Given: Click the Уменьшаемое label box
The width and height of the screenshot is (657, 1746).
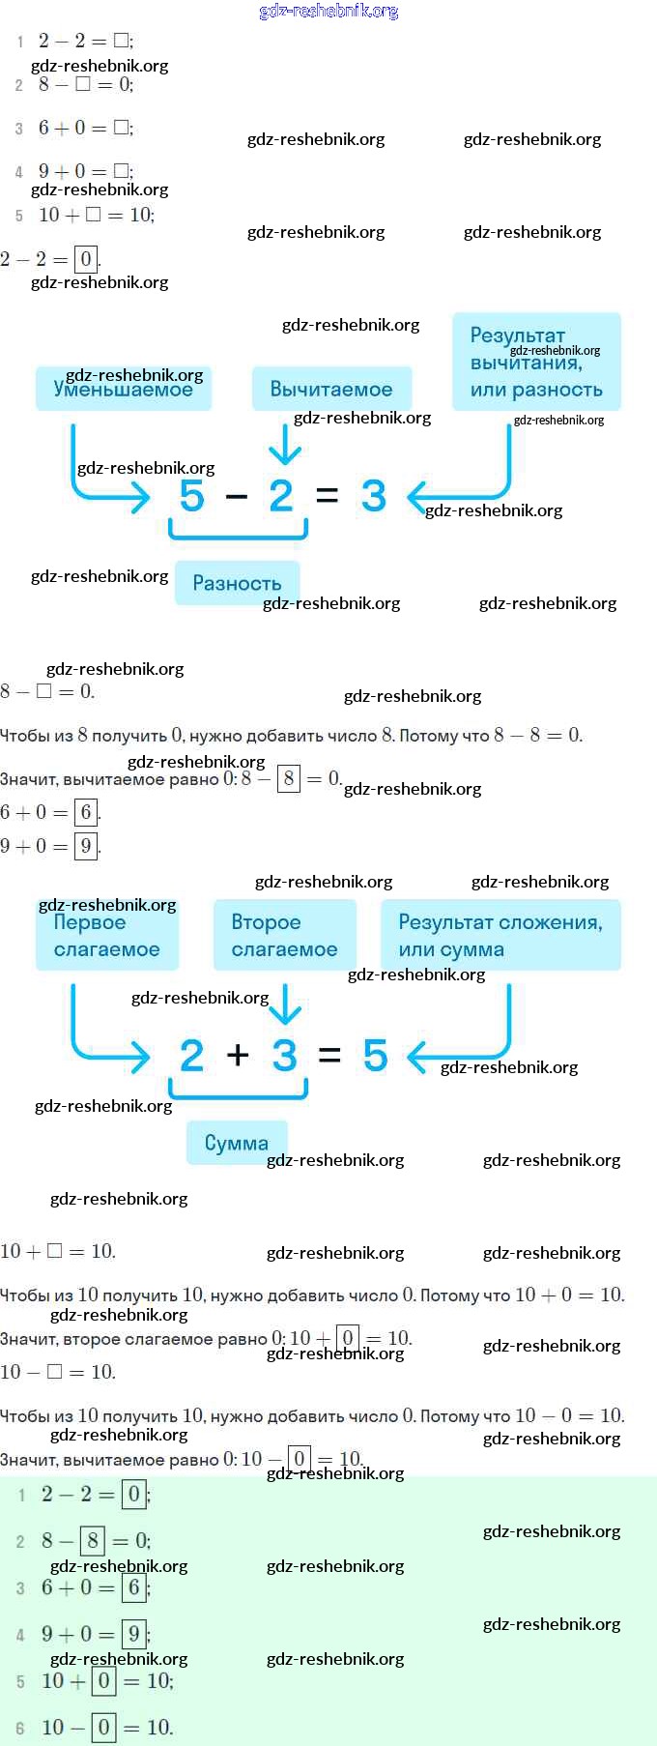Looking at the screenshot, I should click(123, 389).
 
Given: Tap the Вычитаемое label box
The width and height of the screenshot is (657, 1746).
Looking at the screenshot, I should click(331, 389).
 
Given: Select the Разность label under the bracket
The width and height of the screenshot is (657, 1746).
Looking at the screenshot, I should click(237, 583).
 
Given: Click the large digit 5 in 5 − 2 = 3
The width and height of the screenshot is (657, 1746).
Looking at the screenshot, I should click(191, 496).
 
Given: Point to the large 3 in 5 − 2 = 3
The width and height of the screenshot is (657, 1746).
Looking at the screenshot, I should click(373, 496).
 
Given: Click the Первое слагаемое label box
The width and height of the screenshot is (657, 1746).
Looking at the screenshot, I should click(106, 935).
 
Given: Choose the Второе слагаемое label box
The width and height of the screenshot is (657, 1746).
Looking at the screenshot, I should click(284, 935).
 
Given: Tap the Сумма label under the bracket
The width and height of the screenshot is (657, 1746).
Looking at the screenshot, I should click(237, 1143).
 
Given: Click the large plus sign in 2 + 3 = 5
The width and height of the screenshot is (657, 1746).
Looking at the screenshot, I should click(238, 1055).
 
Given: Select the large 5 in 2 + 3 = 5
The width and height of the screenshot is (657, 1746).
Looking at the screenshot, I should click(375, 1055).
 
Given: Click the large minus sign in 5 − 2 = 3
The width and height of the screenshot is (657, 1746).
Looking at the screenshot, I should click(237, 497).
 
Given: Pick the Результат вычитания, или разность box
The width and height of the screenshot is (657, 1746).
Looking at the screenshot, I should click(536, 363).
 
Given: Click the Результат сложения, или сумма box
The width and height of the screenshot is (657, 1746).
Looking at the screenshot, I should click(500, 935).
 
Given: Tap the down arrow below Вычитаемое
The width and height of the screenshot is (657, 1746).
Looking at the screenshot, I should click(284, 446).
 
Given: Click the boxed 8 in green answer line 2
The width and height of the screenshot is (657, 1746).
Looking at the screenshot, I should click(93, 1540).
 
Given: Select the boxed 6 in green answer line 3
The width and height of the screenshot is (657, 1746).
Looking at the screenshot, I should click(134, 1586).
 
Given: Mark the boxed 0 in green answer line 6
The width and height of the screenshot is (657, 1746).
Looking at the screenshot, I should click(103, 1727).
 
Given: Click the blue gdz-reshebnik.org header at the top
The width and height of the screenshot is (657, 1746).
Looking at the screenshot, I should click(328, 12).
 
